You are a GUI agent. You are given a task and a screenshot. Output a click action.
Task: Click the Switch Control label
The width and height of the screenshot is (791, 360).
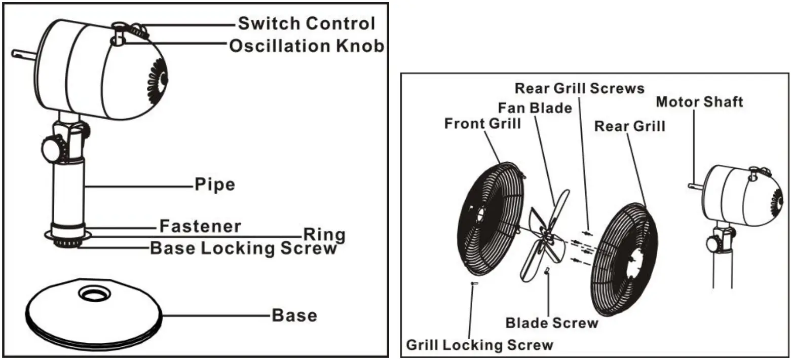307,23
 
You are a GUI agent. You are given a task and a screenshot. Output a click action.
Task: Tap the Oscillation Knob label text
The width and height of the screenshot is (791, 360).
307,46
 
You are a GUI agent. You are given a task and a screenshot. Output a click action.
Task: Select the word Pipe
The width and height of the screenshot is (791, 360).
215,185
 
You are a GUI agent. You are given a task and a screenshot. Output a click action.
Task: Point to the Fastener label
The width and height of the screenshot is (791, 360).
200,226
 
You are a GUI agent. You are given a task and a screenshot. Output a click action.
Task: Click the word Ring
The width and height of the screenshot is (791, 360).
324,235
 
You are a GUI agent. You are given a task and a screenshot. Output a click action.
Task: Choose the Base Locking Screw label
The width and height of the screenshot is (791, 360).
243,248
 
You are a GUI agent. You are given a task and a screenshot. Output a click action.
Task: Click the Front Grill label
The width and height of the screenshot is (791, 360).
482,124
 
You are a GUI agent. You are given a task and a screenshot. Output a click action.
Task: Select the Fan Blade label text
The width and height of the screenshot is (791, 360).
535,108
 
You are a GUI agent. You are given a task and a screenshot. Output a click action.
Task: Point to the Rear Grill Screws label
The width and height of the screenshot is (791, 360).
580,88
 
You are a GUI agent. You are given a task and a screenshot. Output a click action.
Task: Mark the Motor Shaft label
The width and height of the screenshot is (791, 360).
699,102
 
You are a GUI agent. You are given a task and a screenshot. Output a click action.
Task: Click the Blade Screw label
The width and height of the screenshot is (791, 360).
552,323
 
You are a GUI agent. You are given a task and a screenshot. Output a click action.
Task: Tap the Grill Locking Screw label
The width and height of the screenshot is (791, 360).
480,345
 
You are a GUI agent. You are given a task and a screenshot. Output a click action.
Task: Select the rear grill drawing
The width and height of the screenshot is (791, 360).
624,259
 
